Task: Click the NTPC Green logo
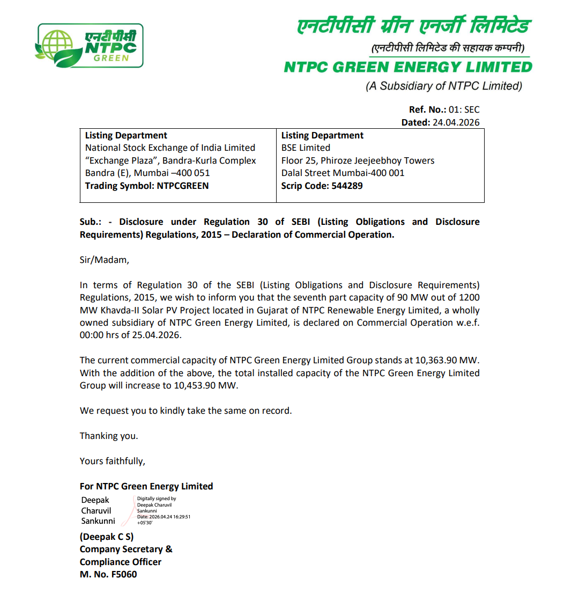point(89,45)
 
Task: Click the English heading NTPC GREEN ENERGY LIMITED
point(407,67)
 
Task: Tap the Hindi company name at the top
point(413,26)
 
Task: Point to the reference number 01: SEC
point(464,109)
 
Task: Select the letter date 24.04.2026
point(456,122)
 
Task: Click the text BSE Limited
point(306,148)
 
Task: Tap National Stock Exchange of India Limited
point(170,148)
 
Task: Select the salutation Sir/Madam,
point(105,260)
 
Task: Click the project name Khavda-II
point(120,310)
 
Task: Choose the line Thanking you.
point(109,436)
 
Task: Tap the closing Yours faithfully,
point(113,461)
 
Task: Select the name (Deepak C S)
point(107,537)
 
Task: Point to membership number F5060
point(124,574)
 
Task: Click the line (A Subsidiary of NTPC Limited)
point(444,86)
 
